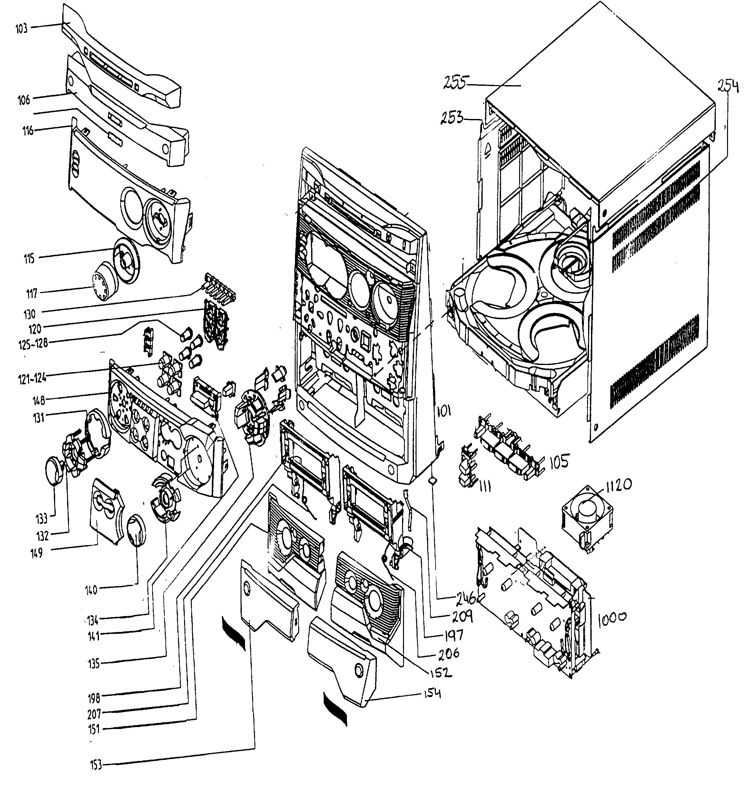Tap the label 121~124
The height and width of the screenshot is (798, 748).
[x=32, y=378]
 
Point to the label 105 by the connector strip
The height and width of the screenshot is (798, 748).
[x=559, y=463]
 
